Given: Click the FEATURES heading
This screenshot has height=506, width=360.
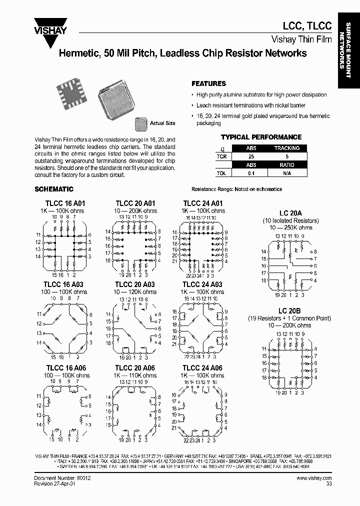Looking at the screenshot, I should [x=209, y=84].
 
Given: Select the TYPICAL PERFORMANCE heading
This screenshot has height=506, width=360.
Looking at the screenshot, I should [x=261, y=137].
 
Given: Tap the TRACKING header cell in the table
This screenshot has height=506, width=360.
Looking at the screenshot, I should [x=287, y=148].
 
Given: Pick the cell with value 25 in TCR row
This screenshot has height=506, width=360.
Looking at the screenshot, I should [x=251, y=156].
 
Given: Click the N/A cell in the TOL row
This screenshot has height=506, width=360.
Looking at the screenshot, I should [x=287, y=173].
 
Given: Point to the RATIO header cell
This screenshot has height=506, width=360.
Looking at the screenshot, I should [x=287, y=165].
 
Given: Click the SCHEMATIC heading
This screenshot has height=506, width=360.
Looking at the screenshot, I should [x=54, y=189].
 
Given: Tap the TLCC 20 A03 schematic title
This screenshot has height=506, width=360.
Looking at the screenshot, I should [x=135, y=284].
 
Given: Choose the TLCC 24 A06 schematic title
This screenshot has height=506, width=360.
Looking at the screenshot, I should [x=202, y=368].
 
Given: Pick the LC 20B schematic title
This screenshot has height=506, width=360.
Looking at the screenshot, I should [x=290, y=311].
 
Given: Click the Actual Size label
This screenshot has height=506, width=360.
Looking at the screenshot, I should [x=162, y=123].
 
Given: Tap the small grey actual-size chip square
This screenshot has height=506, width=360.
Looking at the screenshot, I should [x=140, y=123].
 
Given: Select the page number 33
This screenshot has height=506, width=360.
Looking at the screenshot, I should [x=328, y=484].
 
